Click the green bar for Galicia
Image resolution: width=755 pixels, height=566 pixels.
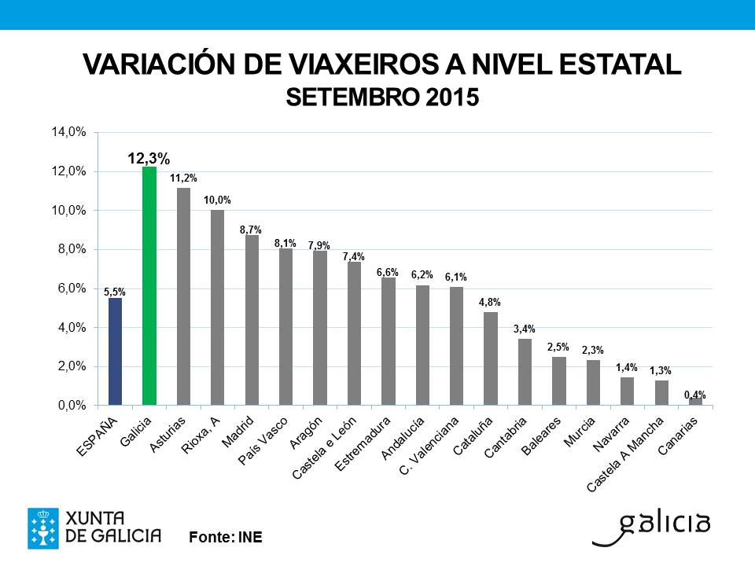point(149,286)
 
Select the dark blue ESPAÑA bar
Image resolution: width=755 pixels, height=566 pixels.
point(115,351)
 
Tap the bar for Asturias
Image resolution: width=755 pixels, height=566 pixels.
point(183,296)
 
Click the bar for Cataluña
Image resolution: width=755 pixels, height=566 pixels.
point(491,358)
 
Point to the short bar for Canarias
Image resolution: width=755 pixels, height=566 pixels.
point(695,402)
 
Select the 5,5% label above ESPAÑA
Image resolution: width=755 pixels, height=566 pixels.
point(115,291)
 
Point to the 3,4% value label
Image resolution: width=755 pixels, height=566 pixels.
point(525,329)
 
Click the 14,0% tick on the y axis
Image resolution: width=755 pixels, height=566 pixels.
point(68,132)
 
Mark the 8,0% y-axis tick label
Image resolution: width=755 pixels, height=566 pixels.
point(70,249)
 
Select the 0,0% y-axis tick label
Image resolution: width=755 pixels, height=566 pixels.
point(70,406)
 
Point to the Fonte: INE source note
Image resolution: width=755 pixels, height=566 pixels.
point(225,538)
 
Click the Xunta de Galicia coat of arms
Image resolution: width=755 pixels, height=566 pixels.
point(42,528)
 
